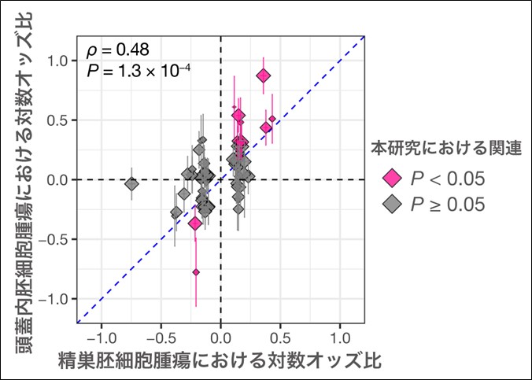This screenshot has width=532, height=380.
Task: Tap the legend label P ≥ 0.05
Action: click(446, 204)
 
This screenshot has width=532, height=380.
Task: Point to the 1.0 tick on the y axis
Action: click(59, 61)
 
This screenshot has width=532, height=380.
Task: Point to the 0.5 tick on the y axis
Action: click(59, 120)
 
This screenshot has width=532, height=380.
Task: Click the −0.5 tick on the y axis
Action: click(55, 239)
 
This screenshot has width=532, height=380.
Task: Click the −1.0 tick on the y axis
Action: click(55, 299)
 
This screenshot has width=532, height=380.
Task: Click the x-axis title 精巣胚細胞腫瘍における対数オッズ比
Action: click(220, 361)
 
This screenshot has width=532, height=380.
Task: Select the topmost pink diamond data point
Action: click(263, 76)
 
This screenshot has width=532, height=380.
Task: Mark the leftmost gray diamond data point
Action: click(131, 183)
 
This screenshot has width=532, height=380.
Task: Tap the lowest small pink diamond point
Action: click(196, 272)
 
